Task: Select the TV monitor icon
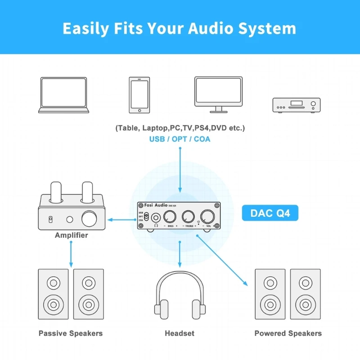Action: click(218, 94)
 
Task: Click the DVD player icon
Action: click(297, 105)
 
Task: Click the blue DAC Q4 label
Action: click(270, 213)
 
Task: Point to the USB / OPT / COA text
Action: click(180, 139)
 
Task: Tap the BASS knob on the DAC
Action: click(171, 216)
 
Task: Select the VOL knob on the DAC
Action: click(207, 216)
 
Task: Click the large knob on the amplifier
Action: click(89, 219)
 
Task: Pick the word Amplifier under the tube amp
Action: click(72, 235)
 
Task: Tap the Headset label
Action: click(180, 333)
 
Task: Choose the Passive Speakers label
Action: click(71, 333)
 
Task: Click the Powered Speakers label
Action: click(288, 333)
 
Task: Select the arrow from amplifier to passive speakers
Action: click(71, 254)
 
